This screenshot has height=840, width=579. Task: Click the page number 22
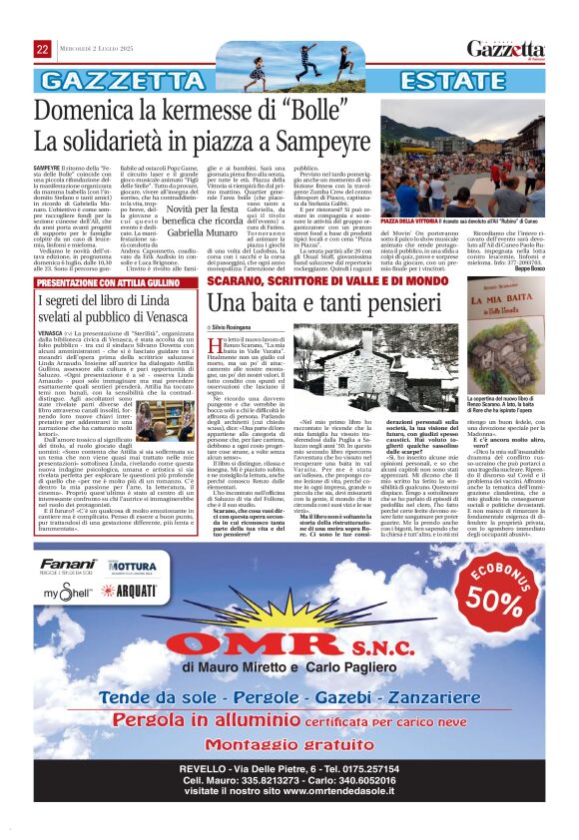click(x=43, y=49)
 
